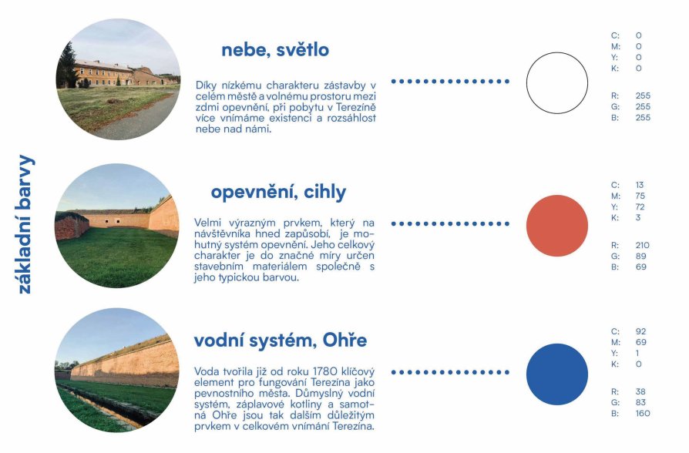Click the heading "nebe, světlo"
tap(275, 50)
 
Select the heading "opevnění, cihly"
tap(278, 193)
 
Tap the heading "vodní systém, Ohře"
tap(281, 341)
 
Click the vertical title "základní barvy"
tap(25, 224)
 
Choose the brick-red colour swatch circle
tap(557, 226)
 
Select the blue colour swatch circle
tap(557, 374)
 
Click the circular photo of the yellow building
tap(118, 79)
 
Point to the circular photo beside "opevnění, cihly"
tap(117, 226)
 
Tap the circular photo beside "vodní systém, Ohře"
tap(117, 371)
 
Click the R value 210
tap(642, 245)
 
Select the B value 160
tap(643, 414)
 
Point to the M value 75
tap(640, 196)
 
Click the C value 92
tap(640, 331)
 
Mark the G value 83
tap(640, 402)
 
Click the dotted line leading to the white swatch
tap(450, 82)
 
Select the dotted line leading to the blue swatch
tap(450, 372)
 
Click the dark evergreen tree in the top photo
tap(67, 66)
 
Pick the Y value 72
tap(640, 207)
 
